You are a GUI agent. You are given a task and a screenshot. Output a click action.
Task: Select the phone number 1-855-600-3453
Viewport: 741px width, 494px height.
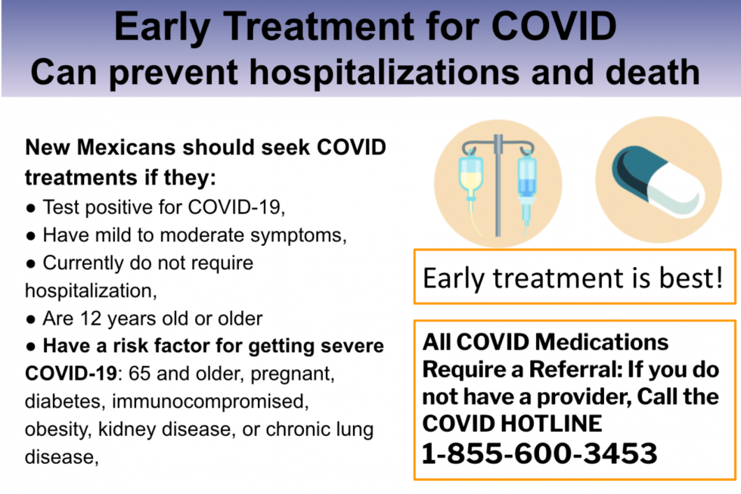539,453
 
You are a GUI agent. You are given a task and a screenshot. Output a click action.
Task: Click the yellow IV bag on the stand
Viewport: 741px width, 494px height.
471,175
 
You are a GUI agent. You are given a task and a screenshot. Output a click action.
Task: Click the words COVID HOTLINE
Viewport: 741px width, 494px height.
513,424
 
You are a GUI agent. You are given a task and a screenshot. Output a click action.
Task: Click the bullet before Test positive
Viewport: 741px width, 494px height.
31,208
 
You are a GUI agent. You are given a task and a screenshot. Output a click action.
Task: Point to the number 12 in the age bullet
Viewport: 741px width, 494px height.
91,318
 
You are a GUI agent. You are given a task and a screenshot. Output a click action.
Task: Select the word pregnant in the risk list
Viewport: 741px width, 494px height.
292,374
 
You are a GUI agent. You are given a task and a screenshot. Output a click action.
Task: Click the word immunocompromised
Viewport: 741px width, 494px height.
210,402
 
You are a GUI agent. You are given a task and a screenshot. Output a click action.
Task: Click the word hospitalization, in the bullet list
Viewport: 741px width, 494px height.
91,290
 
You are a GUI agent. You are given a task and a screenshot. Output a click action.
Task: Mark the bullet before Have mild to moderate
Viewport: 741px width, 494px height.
31,236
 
